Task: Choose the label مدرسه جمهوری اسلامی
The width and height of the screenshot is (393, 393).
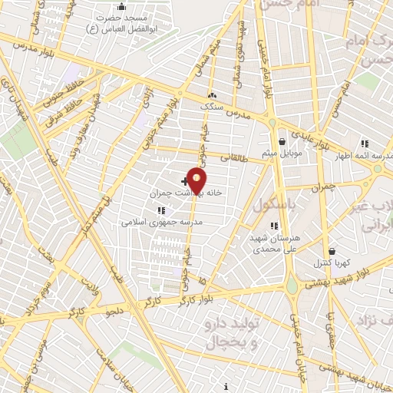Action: [160, 223]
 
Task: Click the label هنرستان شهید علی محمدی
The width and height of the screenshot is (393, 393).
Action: [273, 243]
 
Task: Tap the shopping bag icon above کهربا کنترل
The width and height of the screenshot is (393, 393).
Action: [332, 251]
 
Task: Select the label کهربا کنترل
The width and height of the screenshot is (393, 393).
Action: [332, 263]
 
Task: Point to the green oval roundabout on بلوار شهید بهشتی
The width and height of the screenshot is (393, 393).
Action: [292, 287]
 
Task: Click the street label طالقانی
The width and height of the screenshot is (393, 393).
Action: [231, 157]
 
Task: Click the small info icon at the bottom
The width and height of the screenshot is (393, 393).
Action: [226, 386]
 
